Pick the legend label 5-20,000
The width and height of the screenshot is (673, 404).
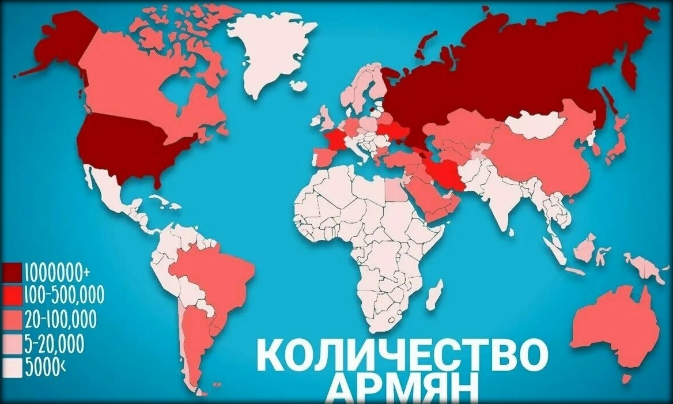[x=55, y=344]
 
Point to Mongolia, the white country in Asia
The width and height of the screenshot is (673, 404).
[x=536, y=124]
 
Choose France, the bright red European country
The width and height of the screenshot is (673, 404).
[x=335, y=141]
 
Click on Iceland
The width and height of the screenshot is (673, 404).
[x=297, y=85]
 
